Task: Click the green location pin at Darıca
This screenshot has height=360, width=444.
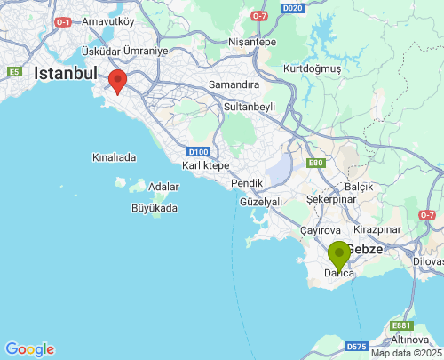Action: click(x=339, y=254)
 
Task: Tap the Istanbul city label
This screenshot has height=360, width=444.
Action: click(x=65, y=74)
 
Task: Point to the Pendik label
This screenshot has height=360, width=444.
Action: click(x=247, y=182)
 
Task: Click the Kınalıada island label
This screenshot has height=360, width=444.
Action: click(x=114, y=157)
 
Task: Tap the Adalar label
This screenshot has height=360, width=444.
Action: click(x=163, y=187)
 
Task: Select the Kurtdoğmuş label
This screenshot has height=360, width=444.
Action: click(x=311, y=68)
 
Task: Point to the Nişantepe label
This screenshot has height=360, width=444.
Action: click(x=253, y=42)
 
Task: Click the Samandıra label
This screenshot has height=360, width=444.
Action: click(x=233, y=84)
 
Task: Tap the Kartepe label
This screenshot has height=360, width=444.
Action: click(x=205, y=165)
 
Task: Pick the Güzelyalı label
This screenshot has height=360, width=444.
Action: click(x=261, y=202)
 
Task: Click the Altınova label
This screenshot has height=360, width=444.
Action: click(x=410, y=340)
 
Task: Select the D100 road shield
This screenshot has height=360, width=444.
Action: click(x=199, y=152)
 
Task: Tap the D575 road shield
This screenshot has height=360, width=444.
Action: click(x=357, y=346)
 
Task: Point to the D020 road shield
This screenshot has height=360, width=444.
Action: click(x=293, y=8)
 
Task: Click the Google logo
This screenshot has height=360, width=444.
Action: click(x=29, y=349)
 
